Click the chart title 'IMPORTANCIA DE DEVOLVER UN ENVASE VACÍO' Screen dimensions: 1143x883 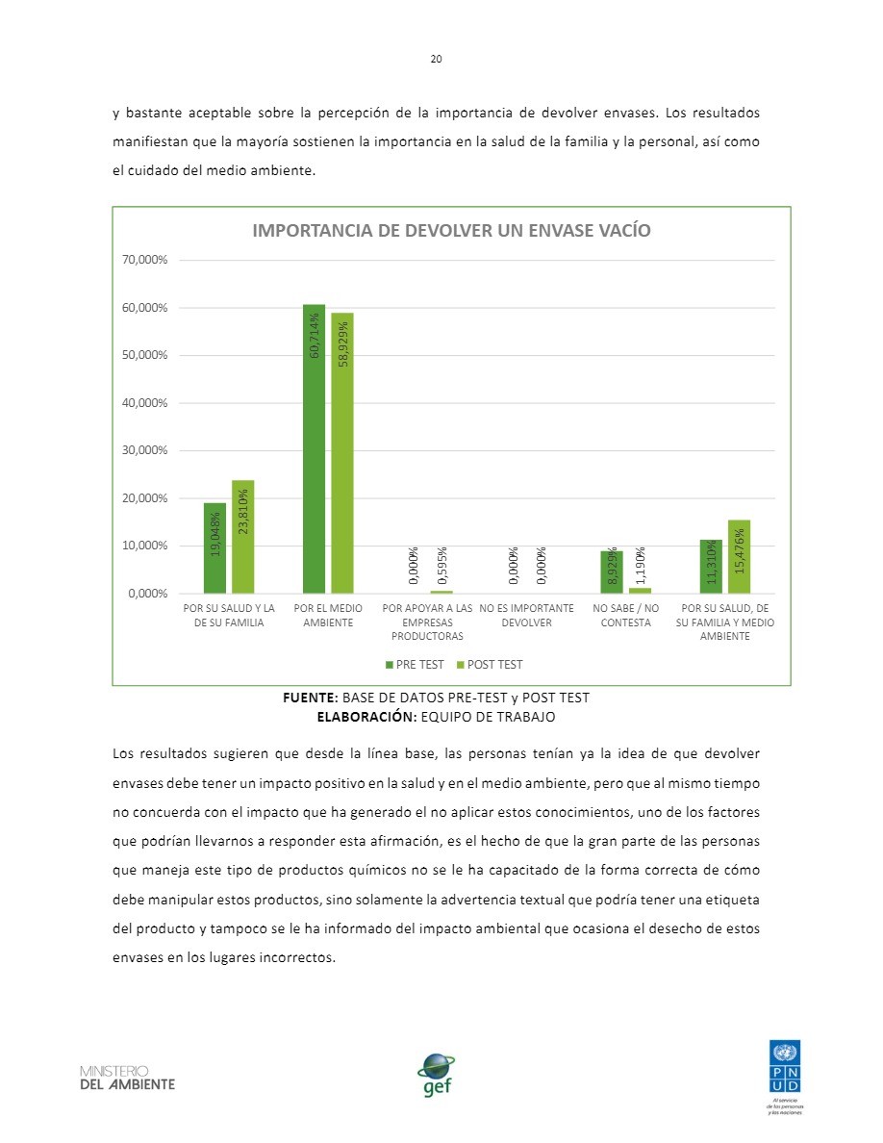pyautogui.click(x=451, y=231)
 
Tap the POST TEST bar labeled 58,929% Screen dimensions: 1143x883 pyautogui.click(x=342, y=452)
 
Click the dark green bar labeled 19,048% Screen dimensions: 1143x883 pyautogui.click(x=214, y=547)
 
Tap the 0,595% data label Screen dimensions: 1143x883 pyautogui.click(x=441, y=566)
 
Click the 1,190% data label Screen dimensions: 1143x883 pyautogui.click(x=641, y=565)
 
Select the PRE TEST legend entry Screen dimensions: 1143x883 pyautogui.click(x=415, y=665)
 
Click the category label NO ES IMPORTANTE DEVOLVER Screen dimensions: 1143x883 pyautogui.click(x=526, y=616)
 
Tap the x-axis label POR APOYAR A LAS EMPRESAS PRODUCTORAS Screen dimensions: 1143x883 pyautogui.click(x=427, y=622)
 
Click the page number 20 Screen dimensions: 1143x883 pyautogui.click(x=436, y=60)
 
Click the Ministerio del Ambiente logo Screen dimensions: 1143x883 pyautogui.click(x=127, y=1077)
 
